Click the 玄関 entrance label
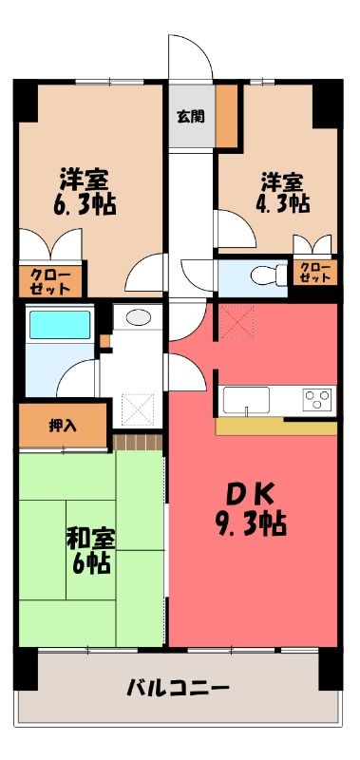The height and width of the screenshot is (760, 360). coord(190,116)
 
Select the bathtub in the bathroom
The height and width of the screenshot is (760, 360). coord(60,325)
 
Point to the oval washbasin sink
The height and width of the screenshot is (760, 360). coord(138,317)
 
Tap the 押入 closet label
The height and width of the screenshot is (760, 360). coord(63,425)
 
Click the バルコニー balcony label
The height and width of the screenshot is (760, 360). coord(178,688)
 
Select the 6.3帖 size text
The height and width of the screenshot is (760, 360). coord(85,205)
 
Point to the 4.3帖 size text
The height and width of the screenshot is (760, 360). coord(282,203)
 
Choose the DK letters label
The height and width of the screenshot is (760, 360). coord(252,495)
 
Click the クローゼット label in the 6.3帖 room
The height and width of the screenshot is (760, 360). coord(50,282)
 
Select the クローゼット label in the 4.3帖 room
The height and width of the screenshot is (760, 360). coord(315,273)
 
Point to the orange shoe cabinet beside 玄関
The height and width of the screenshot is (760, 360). coord(226,116)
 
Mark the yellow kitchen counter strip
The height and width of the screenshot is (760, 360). coord(276,426)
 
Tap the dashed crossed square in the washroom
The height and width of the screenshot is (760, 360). coord(137,410)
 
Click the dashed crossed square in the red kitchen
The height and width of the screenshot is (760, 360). coord(237,322)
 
